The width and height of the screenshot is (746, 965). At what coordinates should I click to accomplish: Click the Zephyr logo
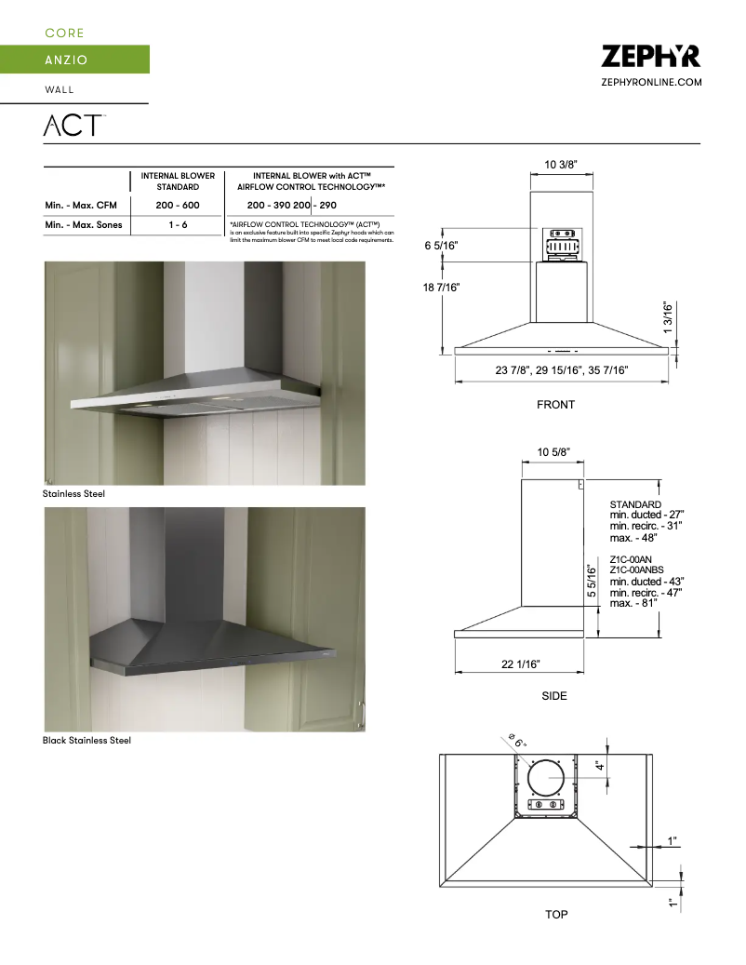(x=650, y=57)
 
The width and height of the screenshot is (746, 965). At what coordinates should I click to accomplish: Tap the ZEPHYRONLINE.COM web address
(x=651, y=83)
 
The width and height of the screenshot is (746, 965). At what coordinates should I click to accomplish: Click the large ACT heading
(x=73, y=125)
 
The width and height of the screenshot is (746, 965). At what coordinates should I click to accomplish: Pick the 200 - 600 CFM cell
(x=178, y=205)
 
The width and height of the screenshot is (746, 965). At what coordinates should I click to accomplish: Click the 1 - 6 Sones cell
(x=178, y=225)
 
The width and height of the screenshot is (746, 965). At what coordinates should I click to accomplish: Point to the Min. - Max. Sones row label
(x=84, y=225)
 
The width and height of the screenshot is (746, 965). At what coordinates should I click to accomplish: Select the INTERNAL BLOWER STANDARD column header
(x=178, y=181)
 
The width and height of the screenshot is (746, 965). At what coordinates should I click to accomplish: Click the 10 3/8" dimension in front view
(x=561, y=165)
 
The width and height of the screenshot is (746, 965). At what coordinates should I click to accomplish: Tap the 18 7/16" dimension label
(x=442, y=288)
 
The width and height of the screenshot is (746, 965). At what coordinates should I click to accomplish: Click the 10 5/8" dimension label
(x=553, y=452)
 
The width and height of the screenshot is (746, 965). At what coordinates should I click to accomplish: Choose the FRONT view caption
(x=555, y=405)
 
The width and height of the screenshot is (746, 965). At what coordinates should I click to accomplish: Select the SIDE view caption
(x=554, y=696)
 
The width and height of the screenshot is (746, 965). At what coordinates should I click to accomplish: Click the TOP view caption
(x=556, y=915)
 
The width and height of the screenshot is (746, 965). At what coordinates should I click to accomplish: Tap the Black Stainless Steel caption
(x=87, y=741)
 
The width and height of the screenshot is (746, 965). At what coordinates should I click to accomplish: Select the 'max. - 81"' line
(x=633, y=603)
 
